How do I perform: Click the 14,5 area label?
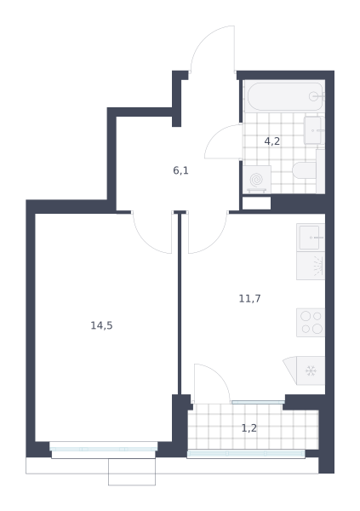pyautogui.click(x=101, y=325)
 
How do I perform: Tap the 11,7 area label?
pyautogui.click(x=250, y=299)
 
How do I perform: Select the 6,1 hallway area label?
pyautogui.click(x=180, y=170)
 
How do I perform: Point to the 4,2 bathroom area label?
pyautogui.click(x=272, y=141)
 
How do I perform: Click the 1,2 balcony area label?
pyautogui.click(x=249, y=428)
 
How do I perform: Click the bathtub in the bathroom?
pyautogui.click(x=284, y=96)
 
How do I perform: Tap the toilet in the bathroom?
pyautogui.click(x=305, y=170)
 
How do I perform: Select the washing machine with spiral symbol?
pyautogui.click(x=257, y=180)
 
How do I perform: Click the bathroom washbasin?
pyautogui.click(x=314, y=130)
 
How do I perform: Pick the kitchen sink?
pyautogui.click(x=311, y=238)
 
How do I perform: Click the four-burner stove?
pyautogui.click(x=311, y=323)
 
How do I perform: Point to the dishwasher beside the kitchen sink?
pyautogui.click(x=311, y=266)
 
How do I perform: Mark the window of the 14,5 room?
pyautogui.click(x=104, y=449)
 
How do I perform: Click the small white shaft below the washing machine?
pyautogui.click(x=257, y=204)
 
